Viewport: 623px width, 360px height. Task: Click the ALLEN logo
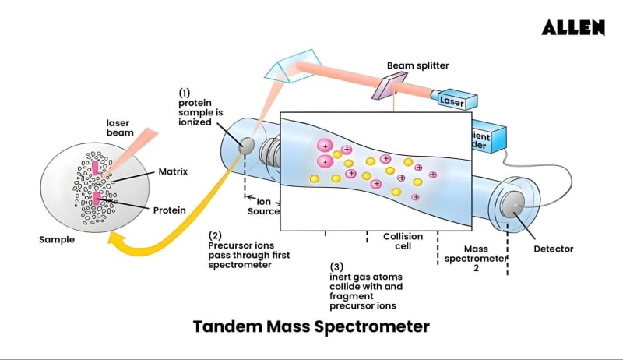573,27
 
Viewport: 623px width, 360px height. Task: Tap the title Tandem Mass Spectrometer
311,326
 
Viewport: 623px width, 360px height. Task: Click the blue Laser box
456,101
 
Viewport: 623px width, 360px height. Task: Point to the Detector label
553,249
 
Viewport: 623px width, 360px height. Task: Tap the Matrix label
172,171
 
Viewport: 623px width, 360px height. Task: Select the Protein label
170,210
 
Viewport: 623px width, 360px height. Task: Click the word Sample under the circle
57,239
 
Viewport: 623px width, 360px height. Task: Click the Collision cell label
403,242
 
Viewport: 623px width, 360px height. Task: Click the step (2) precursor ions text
240,249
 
